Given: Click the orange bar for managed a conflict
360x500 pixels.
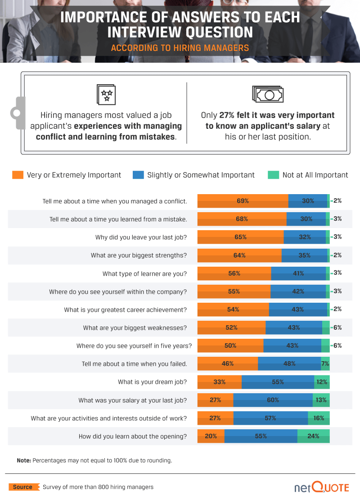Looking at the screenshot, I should pyautogui.click(x=243, y=201).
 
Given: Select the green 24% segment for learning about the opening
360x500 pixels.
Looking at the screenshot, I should pyautogui.click(x=314, y=436).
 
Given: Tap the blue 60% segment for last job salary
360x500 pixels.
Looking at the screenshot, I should pyautogui.click(x=273, y=400).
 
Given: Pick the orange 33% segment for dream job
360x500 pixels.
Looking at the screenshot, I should pyautogui.click(x=220, y=382).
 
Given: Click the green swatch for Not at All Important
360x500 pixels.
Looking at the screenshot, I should pyautogui.click(x=273, y=175).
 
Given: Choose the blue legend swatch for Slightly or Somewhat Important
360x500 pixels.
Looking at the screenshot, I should pyautogui.click(x=138, y=175).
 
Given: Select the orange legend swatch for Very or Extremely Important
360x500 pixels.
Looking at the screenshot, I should pyautogui.click(x=18, y=175).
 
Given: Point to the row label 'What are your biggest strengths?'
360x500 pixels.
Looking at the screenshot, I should pyautogui.click(x=139, y=255).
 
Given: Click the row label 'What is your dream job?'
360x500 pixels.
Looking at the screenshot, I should pyautogui.click(x=152, y=382).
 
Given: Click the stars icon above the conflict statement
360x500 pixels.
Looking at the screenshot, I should pyautogui.click(x=107, y=94).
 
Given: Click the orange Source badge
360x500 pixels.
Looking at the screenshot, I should pyautogui.click(x=22, y=487).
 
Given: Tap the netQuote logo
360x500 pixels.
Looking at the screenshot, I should pyautogui.click(x=322, y=487).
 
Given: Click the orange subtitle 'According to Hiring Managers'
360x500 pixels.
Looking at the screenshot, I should pyautogui.click(x=180, y=48).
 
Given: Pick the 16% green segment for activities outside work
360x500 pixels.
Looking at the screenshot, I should pyautogui.click(x=319, y=418).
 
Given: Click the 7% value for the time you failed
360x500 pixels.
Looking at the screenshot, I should pyautogui.click(x=325, y=364).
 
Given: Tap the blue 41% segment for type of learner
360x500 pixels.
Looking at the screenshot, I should pyautogui.click(x=298, y=273).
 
